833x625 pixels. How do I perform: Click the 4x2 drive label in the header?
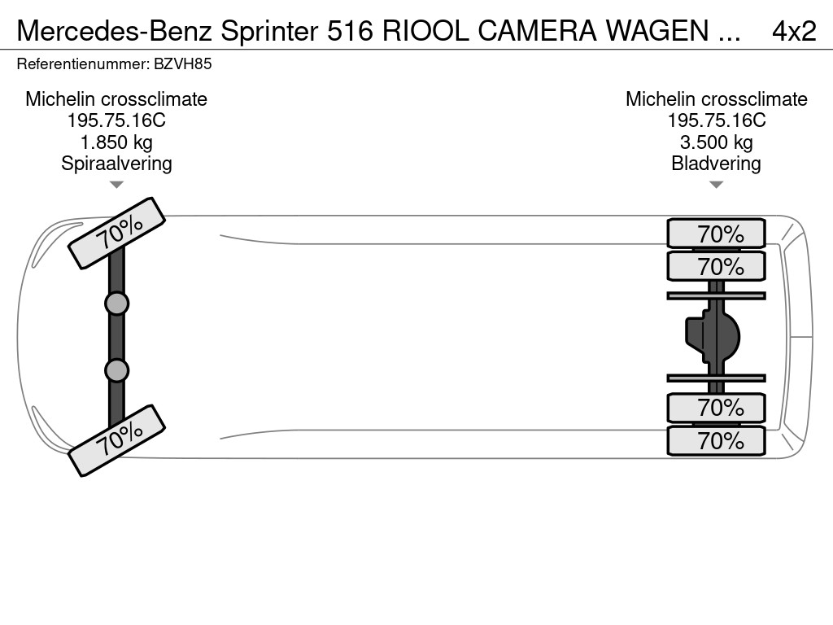click(793, 31)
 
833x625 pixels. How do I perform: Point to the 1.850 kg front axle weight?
click(116, 142)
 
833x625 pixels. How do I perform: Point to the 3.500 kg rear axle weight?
click(716, 142)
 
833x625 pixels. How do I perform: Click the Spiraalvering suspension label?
click(116, 163)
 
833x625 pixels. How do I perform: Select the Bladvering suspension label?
click(716, 163)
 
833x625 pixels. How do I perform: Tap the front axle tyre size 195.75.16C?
click(116, 120)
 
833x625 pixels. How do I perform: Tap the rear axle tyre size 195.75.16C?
click(716, 120)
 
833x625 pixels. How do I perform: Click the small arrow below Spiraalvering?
click(116, 185)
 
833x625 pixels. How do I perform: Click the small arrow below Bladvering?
click(716, 185)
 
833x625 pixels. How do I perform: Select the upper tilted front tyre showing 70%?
click(117, 233)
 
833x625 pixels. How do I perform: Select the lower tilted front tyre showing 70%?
click(117, 440)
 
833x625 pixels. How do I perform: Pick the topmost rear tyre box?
click(716, 234)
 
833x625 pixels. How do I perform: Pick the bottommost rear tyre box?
click(716, 441)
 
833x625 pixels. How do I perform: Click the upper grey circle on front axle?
click(116, 304)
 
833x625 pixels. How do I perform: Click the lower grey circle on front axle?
click(116, 370)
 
